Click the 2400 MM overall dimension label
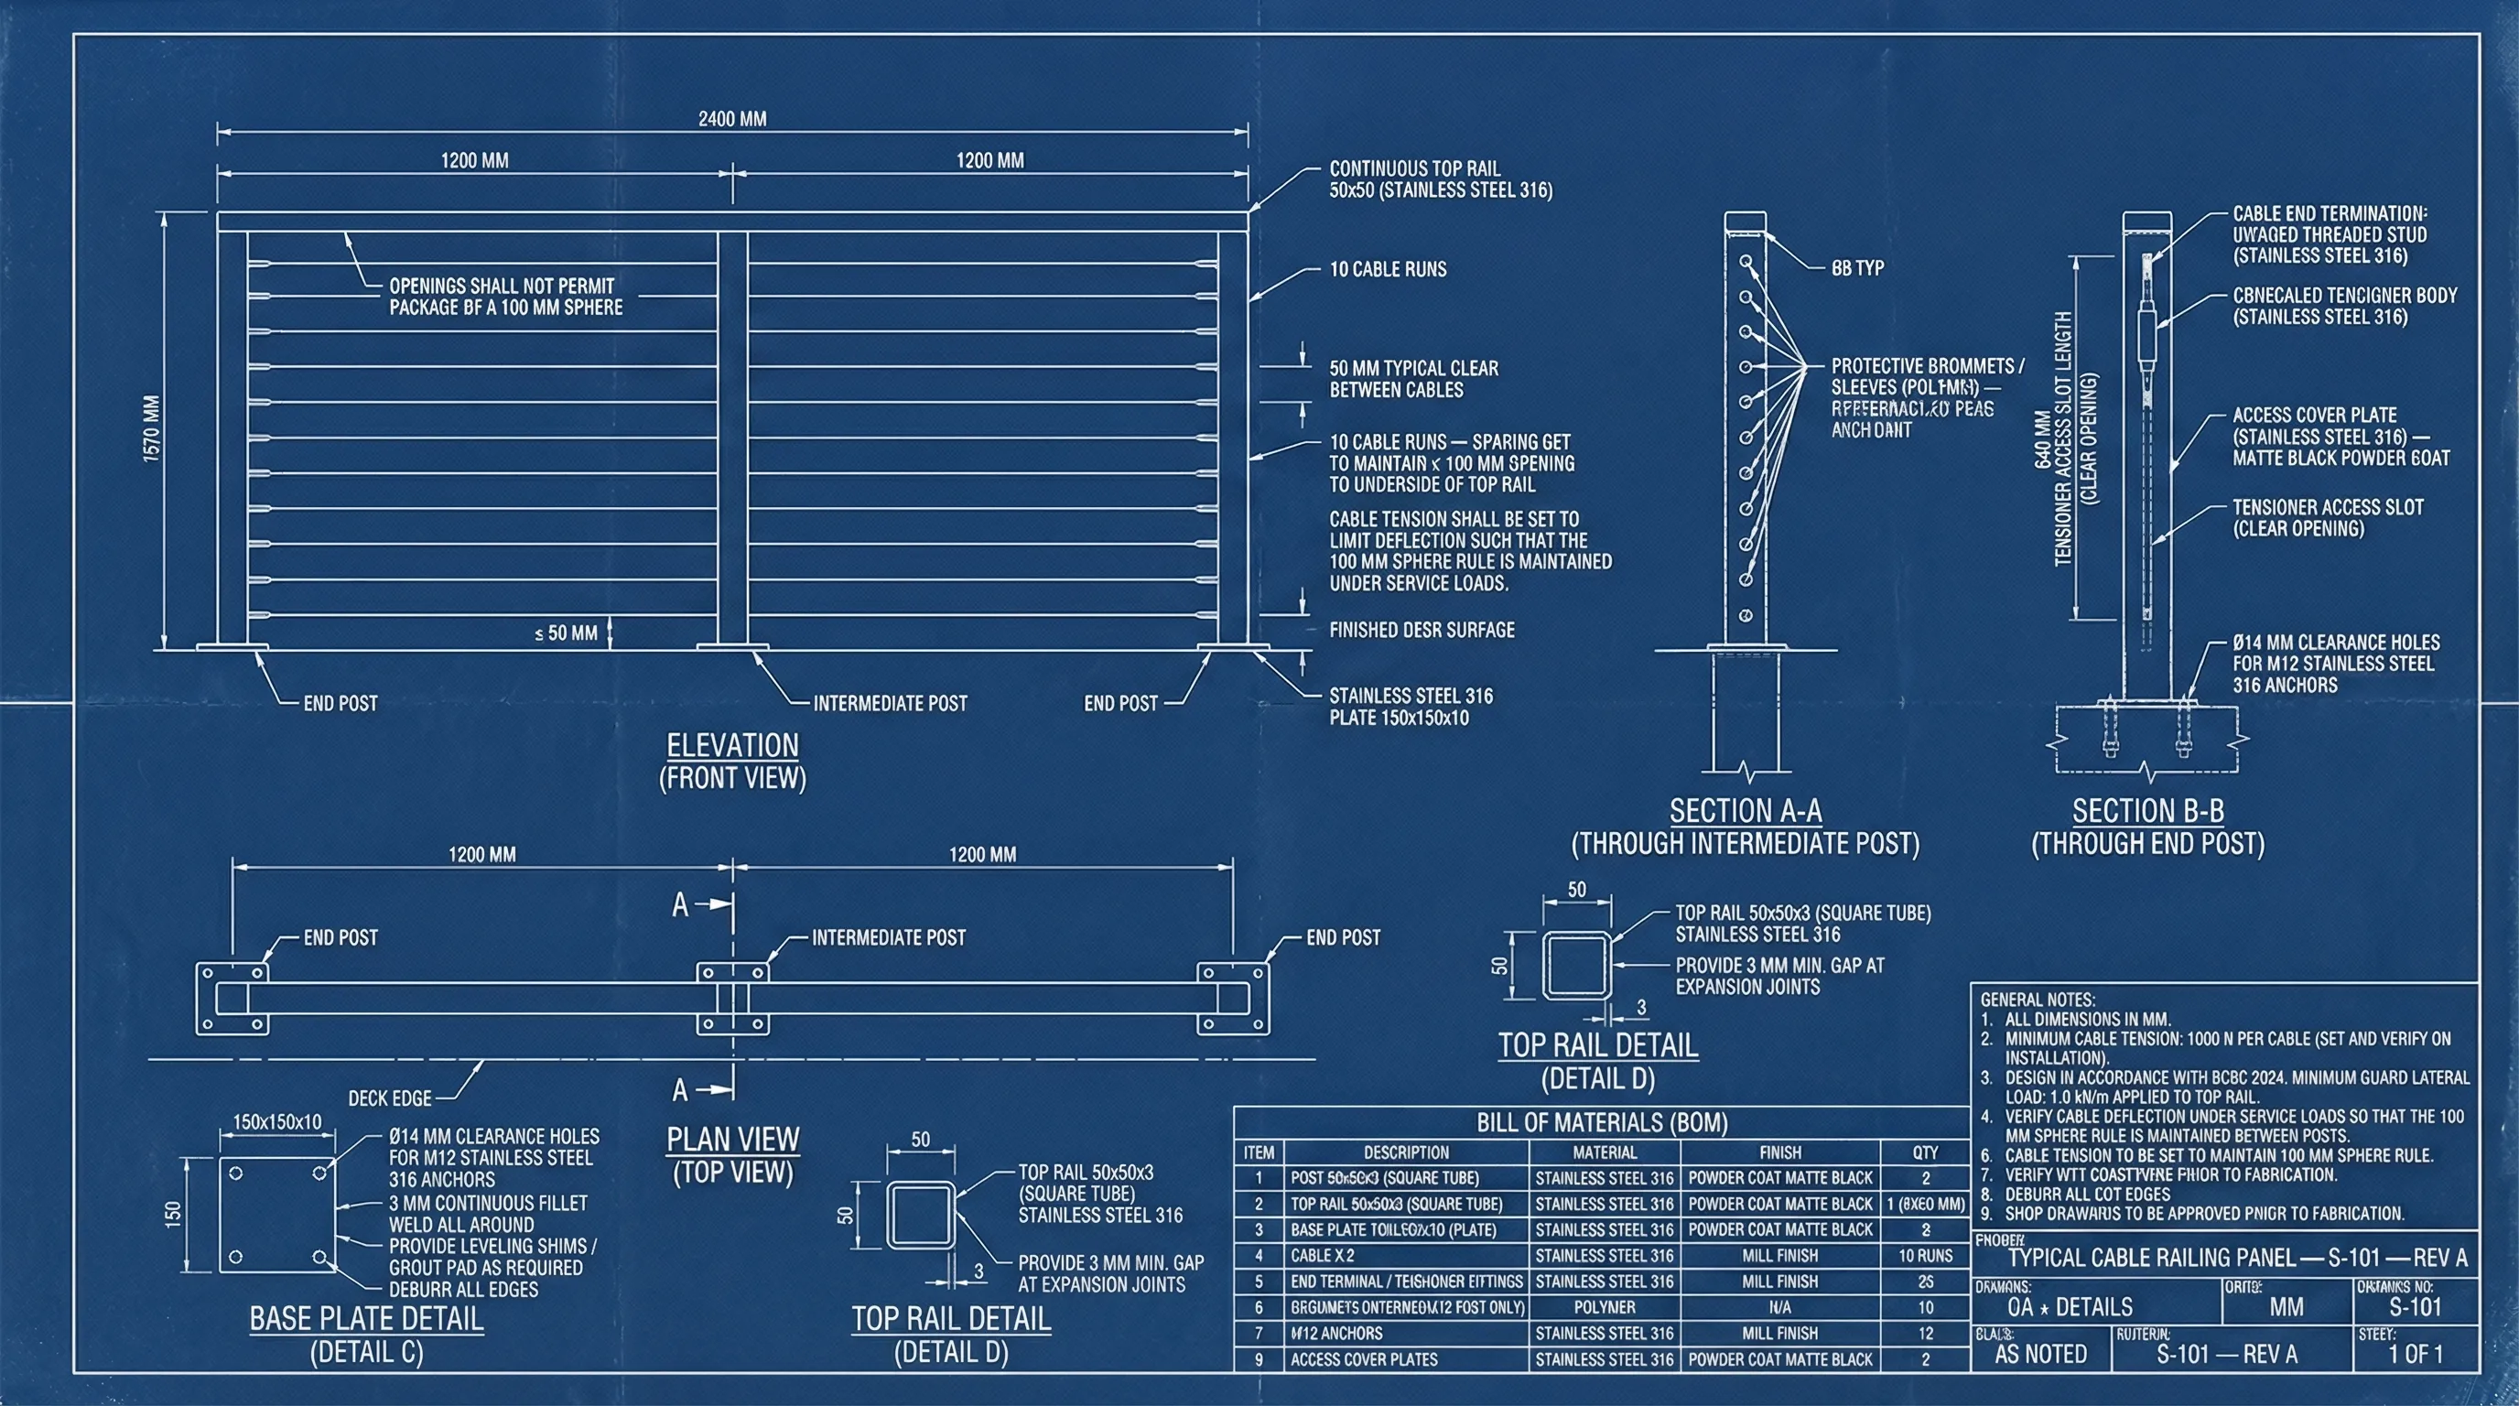pos(731,119)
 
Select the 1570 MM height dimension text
pos(153,428)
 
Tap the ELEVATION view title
pos(732,746)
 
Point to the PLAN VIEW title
pos(732,1139)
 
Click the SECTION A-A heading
pos(1746,810)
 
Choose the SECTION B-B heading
pos(2147,810)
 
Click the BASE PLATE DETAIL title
pos(367,1319)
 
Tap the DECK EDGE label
pos(390,1098)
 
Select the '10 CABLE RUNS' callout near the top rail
pos(1388,270)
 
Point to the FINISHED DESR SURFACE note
pos(1421,631)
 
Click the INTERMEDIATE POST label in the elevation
pos(890,703)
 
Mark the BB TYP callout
pos(1857,268)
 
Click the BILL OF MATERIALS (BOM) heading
pos(1602,1122)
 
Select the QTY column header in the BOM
pos(1924,1152)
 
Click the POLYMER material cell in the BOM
pos(1604,1307)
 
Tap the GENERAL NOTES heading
pos(2037,1000)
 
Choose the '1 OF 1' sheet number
pos(2416,1354)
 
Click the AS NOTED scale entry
pos(2040,1354)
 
